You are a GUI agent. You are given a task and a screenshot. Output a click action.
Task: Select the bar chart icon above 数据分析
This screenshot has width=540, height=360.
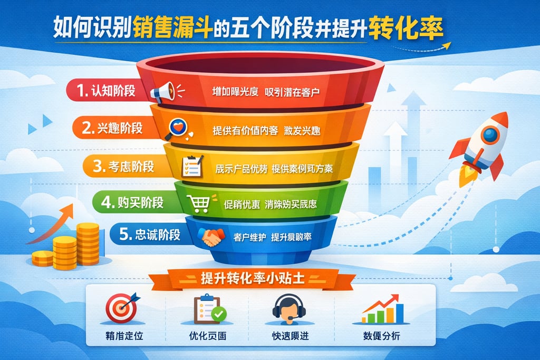click(384, 310)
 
